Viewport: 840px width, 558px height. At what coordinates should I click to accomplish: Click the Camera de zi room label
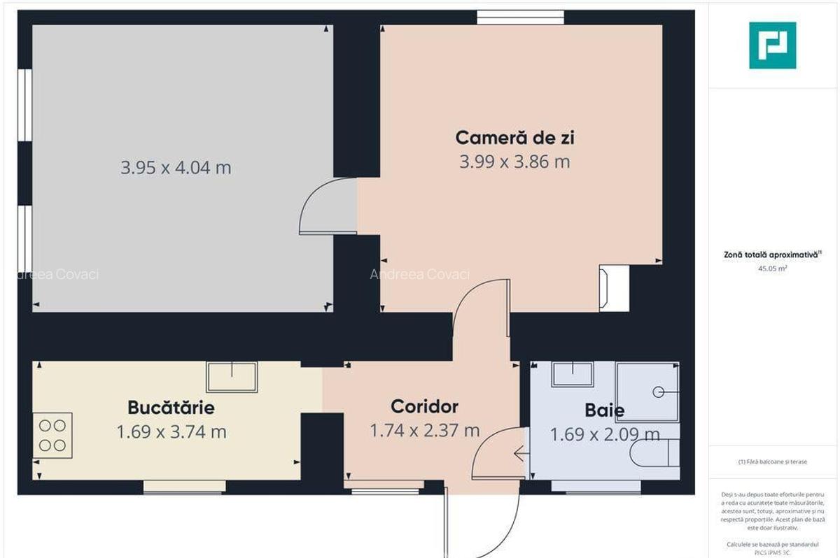coord(514,137)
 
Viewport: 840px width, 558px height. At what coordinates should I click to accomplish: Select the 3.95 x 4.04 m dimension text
coord(176,168)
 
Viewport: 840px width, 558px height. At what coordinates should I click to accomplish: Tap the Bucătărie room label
coord(171,407)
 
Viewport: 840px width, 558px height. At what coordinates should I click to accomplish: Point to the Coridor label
coord(424,406)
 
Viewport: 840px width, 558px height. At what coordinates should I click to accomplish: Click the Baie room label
coord(604,410)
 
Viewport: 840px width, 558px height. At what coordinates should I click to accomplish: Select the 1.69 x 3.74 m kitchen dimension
coord(171,432)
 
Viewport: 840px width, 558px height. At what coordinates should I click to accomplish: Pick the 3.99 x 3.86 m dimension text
coord(514,162)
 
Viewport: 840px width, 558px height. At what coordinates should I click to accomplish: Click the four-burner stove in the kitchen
coord(52,435)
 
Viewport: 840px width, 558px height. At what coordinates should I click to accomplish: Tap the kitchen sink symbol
coord(231,377)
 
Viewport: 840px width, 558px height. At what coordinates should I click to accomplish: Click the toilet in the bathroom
coord(655,454)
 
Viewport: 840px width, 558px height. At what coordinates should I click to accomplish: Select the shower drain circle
coord(658,392)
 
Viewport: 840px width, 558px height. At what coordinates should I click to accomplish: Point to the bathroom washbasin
coord(573,374)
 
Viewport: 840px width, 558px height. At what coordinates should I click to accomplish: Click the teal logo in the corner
coord(772,45)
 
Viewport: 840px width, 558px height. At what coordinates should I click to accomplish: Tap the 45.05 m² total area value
coord(772,268)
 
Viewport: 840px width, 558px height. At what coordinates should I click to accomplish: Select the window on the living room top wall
coord(520,17)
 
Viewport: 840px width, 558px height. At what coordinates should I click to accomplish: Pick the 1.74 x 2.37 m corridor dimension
coord(424,431)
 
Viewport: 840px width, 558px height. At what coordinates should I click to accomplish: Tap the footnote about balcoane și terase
coord(772,462)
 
